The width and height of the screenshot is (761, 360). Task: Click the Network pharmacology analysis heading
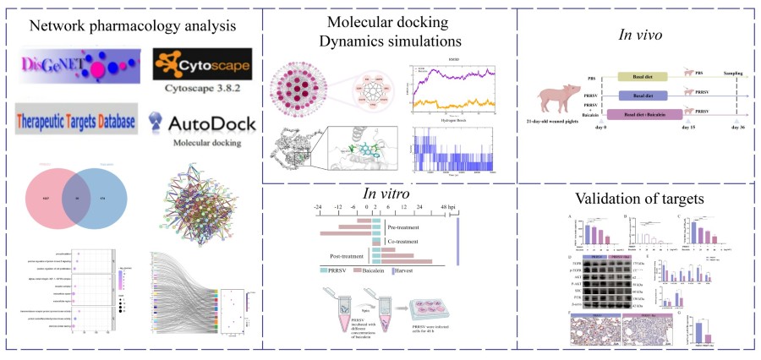[133, 25]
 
